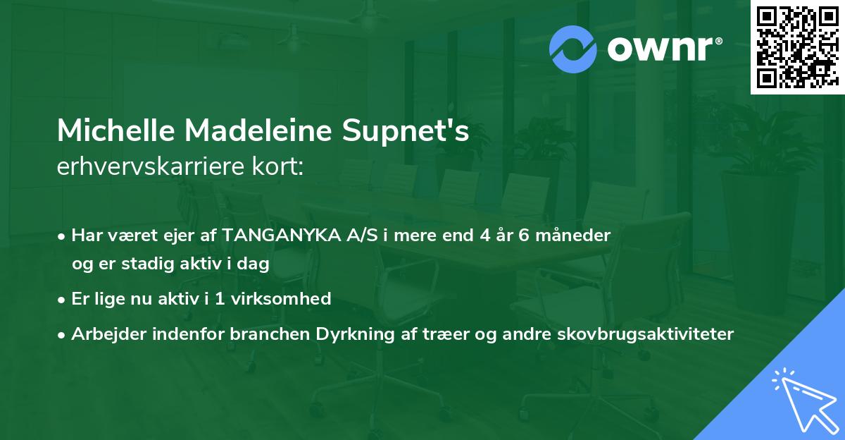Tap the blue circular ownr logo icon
click(572, 49)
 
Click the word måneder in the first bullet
click(575, 235)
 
